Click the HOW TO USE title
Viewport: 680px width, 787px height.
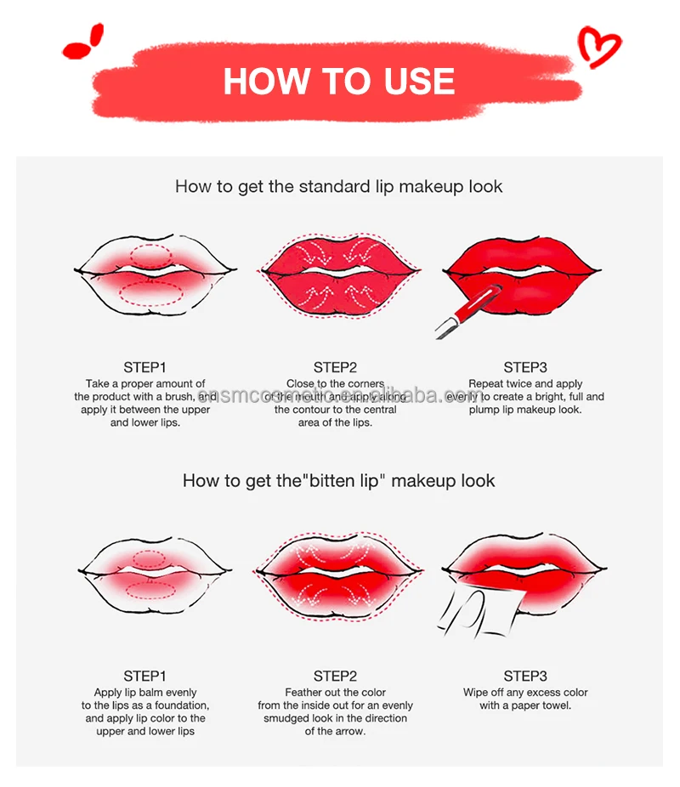tap(338, 82)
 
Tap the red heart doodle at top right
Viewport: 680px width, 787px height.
tap(599, 46)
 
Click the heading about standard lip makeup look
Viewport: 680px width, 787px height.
tap(338, 186)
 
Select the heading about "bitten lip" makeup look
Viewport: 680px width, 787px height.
tap(338, 480)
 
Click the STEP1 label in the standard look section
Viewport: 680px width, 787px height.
tap(145, 367)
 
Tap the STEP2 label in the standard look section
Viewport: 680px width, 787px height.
tap(335, 367)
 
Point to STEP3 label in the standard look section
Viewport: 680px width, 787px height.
tap(525, 367)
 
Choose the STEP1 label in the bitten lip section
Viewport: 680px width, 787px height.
tap(145, 676)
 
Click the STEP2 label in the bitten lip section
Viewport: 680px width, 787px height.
tap(335, 676)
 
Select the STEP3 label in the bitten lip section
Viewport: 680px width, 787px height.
tap(525, 676)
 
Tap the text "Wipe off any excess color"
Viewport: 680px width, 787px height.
tap(525, 692)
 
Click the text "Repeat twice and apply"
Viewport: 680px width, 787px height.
tap(525, 384)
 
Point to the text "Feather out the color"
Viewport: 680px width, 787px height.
tap(335, 692)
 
